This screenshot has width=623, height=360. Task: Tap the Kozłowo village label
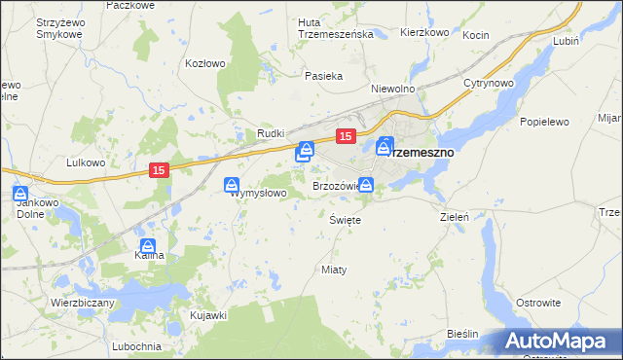pyautogui.click(x=205, y=63)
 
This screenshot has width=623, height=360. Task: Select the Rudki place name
pyautogui.click(x=270, y=133)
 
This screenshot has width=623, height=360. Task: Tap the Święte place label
pyautogui.click(x=345, y=220)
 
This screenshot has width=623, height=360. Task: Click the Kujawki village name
pyautogui.click(x=208, y=315)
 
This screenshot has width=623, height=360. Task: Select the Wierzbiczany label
pyautogui.click(x=83, y=303)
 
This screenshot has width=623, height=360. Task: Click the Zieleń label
pyautogui.click(x=456, y=217)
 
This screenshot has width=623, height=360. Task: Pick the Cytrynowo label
pyautogui.click(x=489, y=83)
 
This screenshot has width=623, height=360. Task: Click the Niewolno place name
pyautogui.click(x=393, y=89)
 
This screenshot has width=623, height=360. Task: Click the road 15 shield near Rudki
pyautogui.click(x=345, y=136)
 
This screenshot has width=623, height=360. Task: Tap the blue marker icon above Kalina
pyautogui.click(x=148, y=247)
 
